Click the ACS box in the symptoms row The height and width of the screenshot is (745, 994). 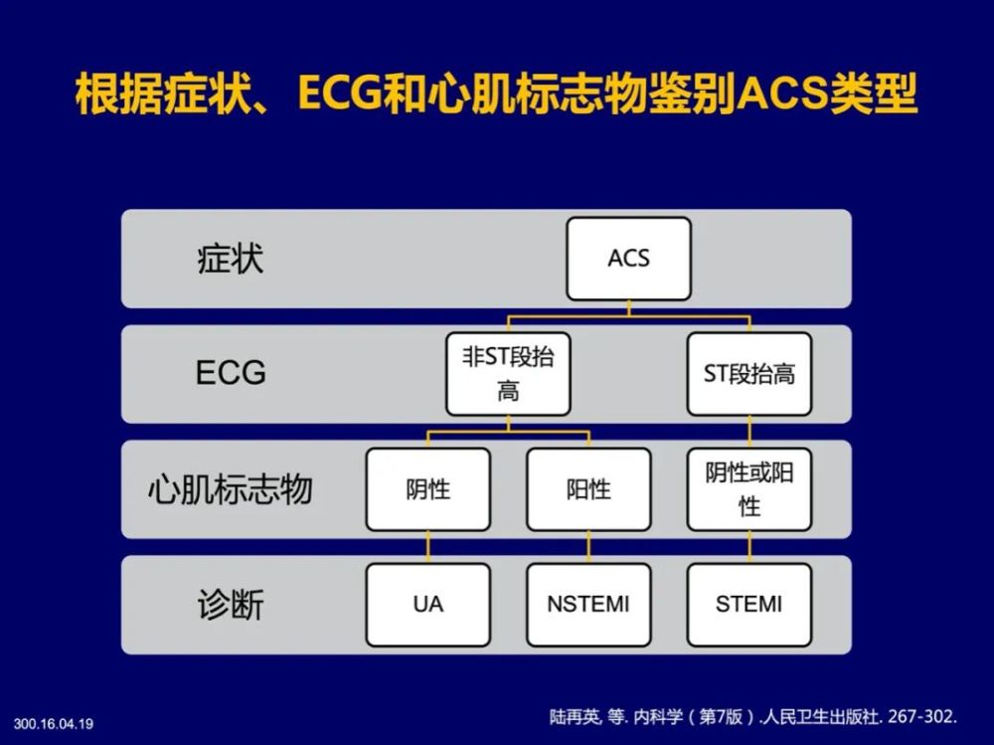click(x=628, y=259)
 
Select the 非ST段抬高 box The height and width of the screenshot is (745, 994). click(x=508, y=374)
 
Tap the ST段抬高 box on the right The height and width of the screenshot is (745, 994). click(x=748, y=374)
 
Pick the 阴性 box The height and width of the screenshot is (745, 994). click(x=427, y=489)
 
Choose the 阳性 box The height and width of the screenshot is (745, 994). click(x=588, y=489)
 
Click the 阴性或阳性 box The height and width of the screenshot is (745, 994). click(x=748, y=489)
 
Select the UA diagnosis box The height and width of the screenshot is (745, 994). click(x=427, y=605)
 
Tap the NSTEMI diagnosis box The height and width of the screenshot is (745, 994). click(x=588, y=605)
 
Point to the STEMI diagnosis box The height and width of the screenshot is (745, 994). click(x=748, y=605)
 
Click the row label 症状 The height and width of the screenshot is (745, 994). click(x=231, y=259)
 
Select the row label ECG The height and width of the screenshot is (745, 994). click(x=231, y=372)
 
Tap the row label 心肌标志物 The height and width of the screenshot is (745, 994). click(x=231, y=489)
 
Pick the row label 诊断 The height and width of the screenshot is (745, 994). click(x=231, y=605)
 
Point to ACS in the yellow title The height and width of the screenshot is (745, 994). click(x=783, y=93)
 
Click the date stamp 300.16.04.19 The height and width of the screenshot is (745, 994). click(x=54, y=724)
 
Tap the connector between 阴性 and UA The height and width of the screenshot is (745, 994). click(x=427, y=547)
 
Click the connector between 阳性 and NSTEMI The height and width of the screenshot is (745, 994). click(x=588, y=547)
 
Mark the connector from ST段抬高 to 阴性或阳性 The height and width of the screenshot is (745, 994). click(x=749, y=432)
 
